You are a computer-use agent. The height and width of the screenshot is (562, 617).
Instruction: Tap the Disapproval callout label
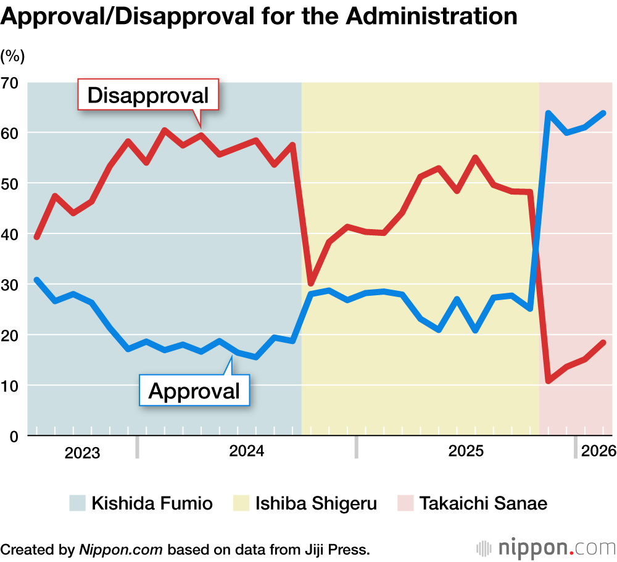[x=148, y=95]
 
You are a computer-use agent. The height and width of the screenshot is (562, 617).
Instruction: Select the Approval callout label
[x=194, y=390]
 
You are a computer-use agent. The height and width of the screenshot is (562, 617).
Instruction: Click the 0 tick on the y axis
[x=14, y=436]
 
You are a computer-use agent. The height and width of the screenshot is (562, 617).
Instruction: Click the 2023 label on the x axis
[x=82, y=453]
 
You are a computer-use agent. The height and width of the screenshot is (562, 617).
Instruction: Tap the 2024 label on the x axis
[x=247, y=451]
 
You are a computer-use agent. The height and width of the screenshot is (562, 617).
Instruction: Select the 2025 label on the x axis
[x=466, y=451]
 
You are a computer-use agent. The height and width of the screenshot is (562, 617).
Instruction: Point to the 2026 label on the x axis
[x=598, y=451]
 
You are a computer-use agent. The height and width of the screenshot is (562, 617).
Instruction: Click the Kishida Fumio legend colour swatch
[x=77, y=503]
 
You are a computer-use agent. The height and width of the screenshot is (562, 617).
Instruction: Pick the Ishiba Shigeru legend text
[x=315, y=503]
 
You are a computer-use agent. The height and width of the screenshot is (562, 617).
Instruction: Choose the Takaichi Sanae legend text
[x=483, y=503]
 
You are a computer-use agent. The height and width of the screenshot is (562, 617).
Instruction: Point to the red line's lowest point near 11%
[x=549, y=380]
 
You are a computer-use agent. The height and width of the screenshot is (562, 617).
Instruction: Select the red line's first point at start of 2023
[x=36, y=237]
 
